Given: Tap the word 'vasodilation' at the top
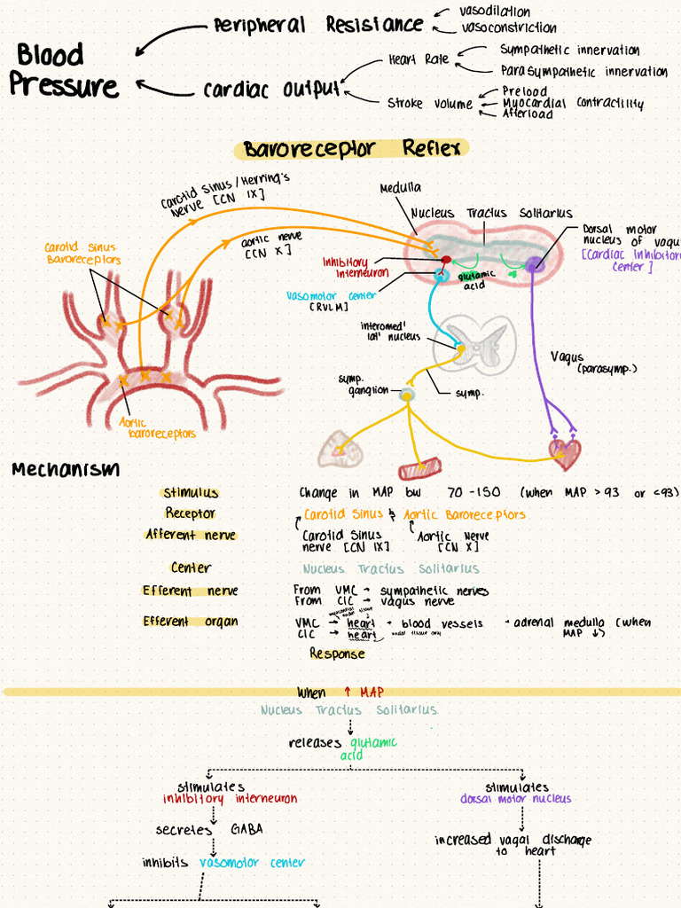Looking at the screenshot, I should point(495,12).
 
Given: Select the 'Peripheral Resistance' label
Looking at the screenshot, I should point(318,24).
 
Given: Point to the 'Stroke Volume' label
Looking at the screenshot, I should point(430,104).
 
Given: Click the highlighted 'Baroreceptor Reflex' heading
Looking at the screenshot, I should point(351,148).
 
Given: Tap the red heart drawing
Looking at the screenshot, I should point(564,453).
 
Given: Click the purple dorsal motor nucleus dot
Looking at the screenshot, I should point(535,263).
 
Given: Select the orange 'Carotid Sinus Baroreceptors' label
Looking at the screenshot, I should point(82,254).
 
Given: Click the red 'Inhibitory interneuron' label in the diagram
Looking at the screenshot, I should point(355,267).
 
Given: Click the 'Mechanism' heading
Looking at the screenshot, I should point(66,469).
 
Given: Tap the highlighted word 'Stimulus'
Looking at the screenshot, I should point(189,493).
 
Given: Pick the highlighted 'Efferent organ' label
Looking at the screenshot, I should point(191,622).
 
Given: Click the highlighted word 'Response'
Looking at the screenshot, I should point(337,654).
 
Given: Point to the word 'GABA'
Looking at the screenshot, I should point(247,830).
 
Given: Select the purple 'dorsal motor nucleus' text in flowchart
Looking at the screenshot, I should point(515,799).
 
